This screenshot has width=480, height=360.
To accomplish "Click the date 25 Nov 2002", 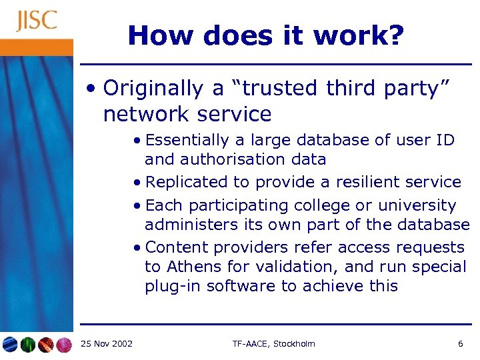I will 106,343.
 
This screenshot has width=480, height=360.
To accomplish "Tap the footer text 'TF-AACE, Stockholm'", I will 273,343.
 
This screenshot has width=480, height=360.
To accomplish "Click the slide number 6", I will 460,343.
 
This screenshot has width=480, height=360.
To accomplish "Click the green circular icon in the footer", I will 27,344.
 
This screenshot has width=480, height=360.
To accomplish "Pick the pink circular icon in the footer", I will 64,344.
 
